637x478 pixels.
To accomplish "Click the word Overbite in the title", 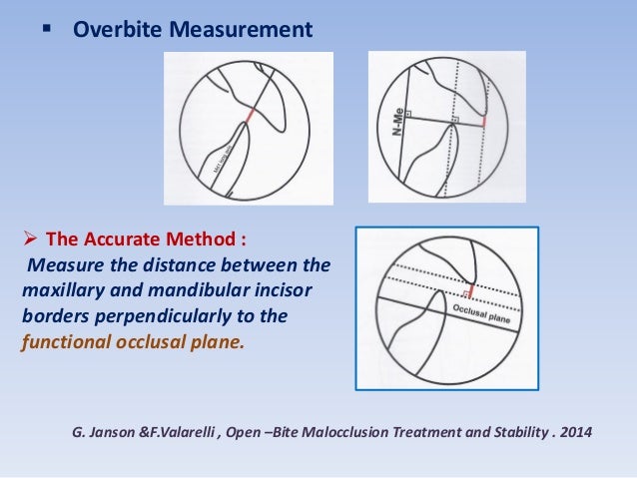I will tap(115, 31).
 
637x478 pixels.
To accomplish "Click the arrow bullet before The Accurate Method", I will tap(31, 239).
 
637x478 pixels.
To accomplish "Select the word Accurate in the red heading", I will tap(122, 239).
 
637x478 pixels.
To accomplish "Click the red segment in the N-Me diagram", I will tap(484, 121).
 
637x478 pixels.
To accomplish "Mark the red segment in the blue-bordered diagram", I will tap(470, 292).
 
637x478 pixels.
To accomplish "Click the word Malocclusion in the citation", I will tap(320, 433).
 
